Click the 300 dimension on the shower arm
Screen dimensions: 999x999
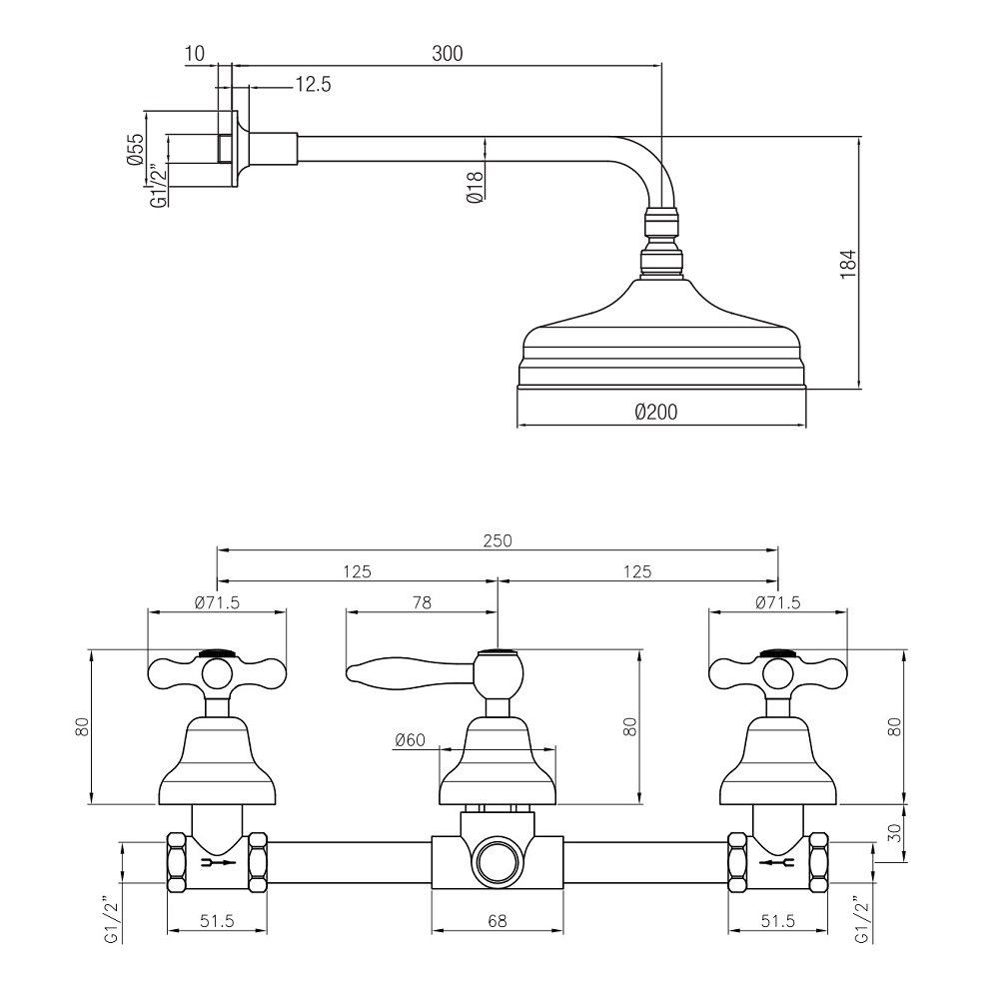(x=448, y=54)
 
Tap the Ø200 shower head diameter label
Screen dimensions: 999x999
(x=656, y=412)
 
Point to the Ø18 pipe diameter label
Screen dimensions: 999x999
(x=475, y=188)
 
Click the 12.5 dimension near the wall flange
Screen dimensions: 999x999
(x=313, y=84)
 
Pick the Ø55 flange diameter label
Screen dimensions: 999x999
(x=136, y=150)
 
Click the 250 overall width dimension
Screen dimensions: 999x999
(x=497, y=540)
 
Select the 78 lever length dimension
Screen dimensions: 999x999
(x=422, y=602)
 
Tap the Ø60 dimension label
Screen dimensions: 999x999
(x=410, y=739)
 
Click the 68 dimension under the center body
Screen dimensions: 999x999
(x=497, y=921)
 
